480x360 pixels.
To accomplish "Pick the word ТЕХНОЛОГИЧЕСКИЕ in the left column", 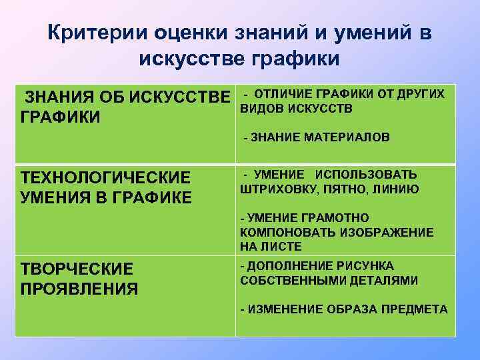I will point(106,179).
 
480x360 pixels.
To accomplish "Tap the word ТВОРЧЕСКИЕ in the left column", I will point(77,269).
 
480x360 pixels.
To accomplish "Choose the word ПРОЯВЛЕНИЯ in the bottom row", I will point(80,289).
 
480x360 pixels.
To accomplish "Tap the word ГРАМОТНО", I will point(333,218).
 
